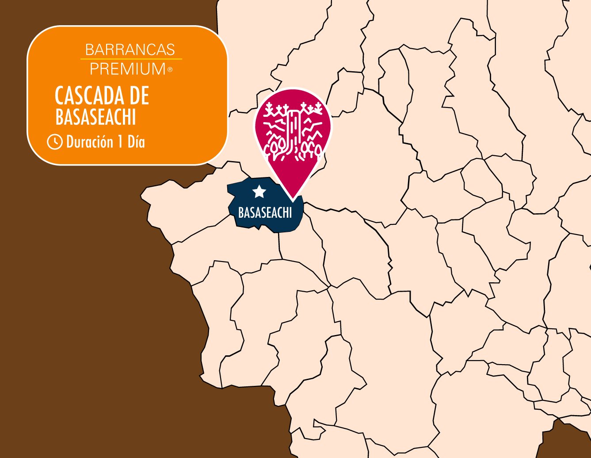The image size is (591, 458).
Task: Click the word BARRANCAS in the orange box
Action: pos(130,50)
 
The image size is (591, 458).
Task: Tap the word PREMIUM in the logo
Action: pos(127,69)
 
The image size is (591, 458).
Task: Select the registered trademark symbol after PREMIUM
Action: pos(170,69)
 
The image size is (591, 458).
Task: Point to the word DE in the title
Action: pos(138,95)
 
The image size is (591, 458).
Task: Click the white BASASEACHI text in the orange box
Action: pos(95,117)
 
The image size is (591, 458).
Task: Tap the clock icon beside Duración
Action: pos(55,142)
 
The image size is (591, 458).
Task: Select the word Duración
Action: pos(88,142)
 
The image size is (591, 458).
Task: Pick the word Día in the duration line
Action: pos(136,142)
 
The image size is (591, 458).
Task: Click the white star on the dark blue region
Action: pos(259,192)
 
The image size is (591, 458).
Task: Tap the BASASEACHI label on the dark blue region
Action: pos(265,213)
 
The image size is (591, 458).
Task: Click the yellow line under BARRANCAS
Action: pos(131,59)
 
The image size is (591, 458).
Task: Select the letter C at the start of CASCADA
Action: pos(59,95)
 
